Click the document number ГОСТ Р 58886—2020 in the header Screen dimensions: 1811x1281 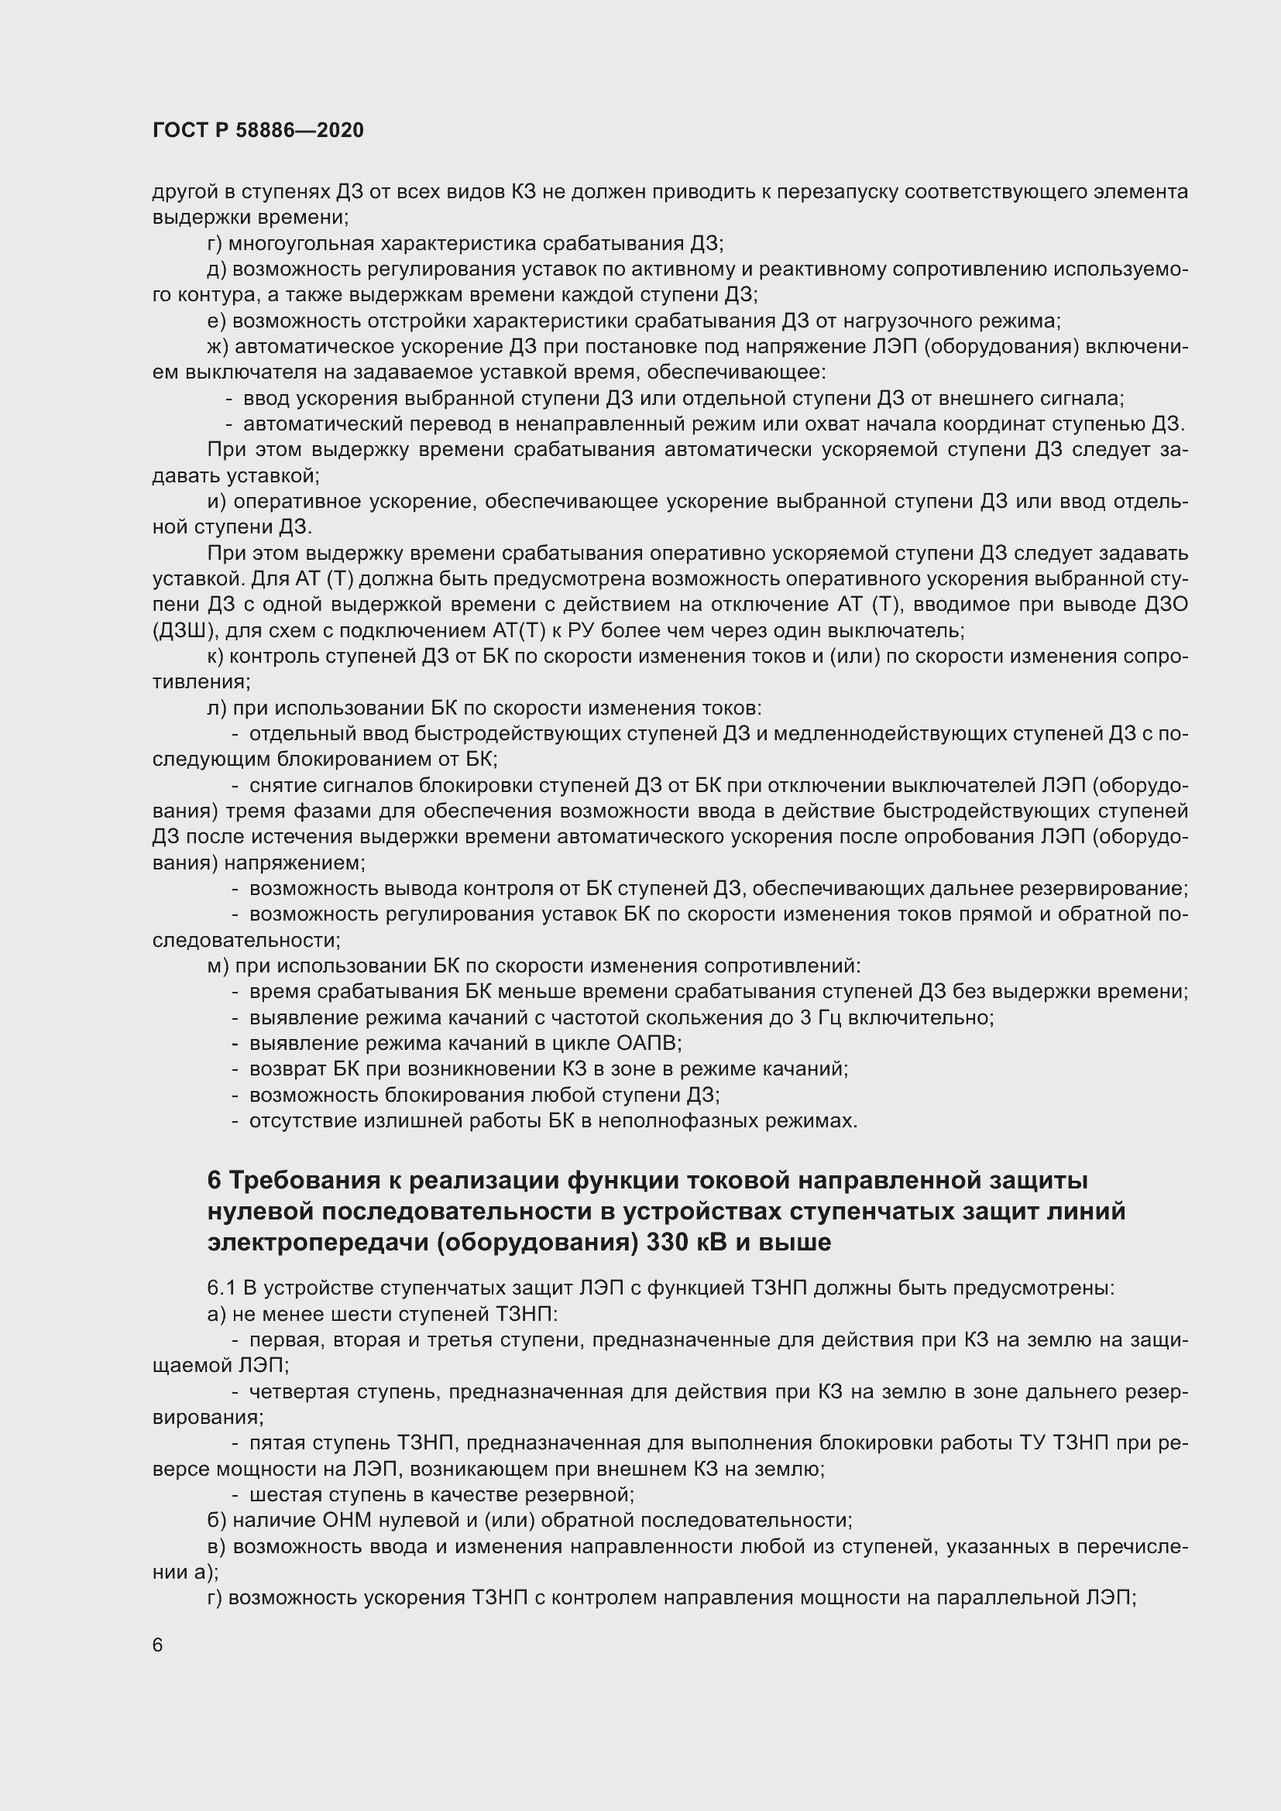click(x=258, y=130)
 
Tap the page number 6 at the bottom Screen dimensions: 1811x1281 click(x=158, y=1645)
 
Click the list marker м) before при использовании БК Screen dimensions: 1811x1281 click(x=218, y=966)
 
